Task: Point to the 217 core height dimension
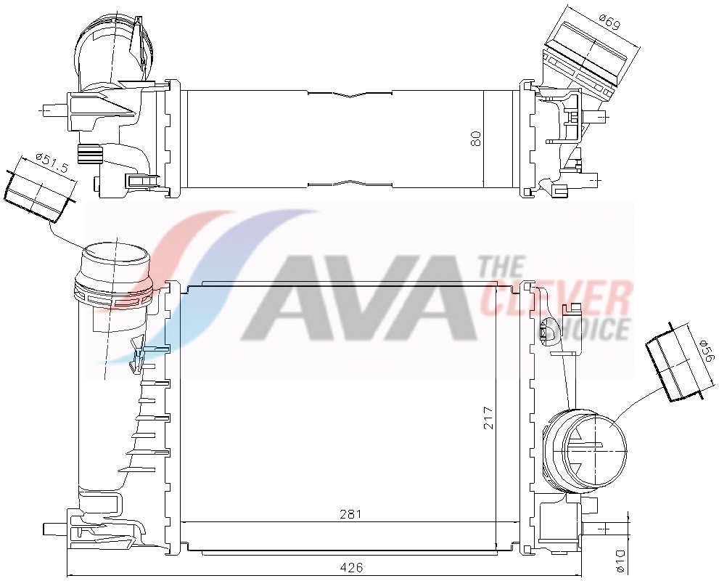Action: tap(489, 417)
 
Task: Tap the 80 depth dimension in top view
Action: tap(476, 137)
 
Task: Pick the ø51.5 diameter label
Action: tap(52, 163)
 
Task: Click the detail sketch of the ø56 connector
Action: tap(675, 367)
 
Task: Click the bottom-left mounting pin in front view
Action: tap(54, 527)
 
